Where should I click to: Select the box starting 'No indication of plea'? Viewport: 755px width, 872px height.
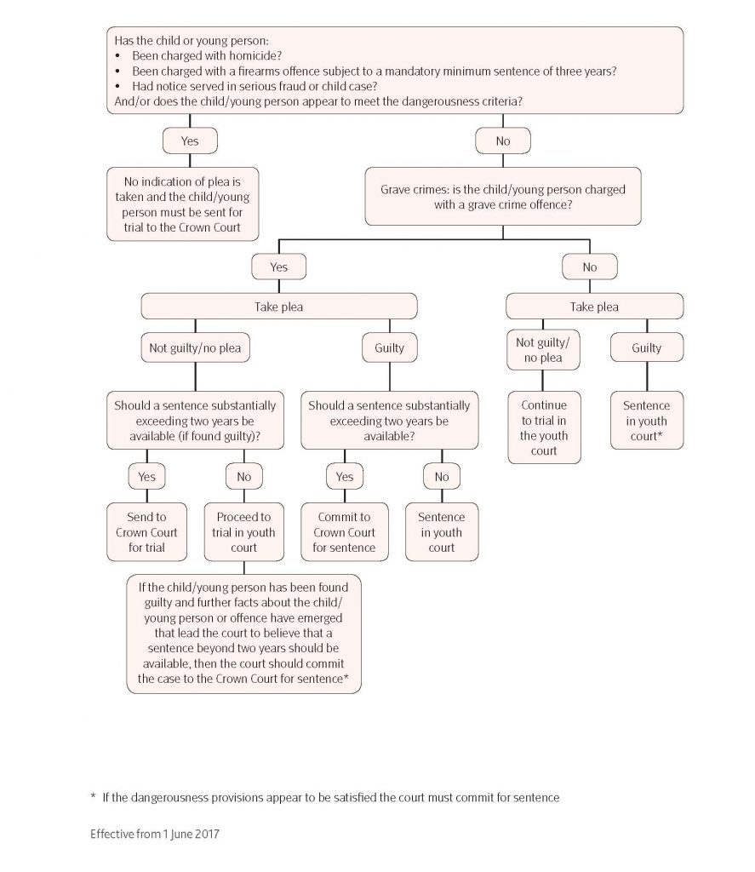[182, 204]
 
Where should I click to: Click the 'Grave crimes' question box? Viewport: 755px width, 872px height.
[502, 197]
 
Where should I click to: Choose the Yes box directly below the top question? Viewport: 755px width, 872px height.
[190, 141]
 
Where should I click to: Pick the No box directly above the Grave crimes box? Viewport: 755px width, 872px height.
[502, 141]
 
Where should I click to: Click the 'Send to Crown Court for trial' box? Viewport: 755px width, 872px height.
[146, 531]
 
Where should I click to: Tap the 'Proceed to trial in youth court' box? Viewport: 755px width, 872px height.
[243, 531]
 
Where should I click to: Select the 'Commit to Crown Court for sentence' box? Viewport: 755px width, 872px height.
[344, 531]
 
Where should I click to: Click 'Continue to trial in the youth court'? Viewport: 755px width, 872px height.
[544, 427]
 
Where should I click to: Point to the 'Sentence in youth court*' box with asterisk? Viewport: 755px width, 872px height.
[647, 421]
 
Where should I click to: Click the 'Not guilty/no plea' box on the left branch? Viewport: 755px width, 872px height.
[195, 347]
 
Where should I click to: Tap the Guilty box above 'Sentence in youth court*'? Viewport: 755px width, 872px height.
[647, 347]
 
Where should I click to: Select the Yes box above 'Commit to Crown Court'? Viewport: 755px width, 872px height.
[344, 477]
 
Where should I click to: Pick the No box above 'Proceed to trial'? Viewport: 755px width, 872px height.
[243, 477]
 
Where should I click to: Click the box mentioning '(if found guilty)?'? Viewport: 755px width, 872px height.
[195, 421]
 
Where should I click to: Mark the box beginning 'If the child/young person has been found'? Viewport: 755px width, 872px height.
[243, 634]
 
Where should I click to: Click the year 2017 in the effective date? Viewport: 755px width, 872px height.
[207, 834]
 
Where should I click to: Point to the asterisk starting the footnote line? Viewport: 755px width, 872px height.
[93, 796]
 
